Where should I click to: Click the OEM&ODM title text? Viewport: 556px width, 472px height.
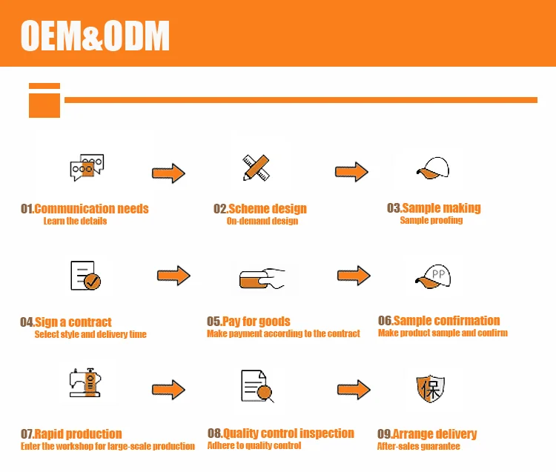(x=95, y=35)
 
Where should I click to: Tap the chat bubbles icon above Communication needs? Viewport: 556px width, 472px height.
(x=86, y=168)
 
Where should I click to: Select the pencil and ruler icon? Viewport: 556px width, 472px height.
(x=255, y=167)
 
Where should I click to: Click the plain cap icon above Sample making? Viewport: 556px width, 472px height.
(x=433, y=169)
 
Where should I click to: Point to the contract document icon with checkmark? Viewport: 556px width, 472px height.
(x=85, y=276)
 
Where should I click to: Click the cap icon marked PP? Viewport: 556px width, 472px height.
(x=434, y=276)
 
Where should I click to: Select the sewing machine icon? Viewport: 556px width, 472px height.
(x=84, y=382)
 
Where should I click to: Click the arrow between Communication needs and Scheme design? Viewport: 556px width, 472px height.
(x=168, y=173)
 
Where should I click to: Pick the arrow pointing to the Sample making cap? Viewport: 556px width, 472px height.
(x=351, y=172)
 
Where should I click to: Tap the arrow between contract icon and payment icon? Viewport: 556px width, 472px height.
(x=173, y=276)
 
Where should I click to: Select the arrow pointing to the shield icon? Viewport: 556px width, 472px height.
(x=354, y=390)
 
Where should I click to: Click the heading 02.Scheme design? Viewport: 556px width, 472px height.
(x=260, y=209)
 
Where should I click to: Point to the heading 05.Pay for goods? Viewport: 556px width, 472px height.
(x=248, y=322)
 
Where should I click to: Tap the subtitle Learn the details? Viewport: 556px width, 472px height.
(x=75, y=221)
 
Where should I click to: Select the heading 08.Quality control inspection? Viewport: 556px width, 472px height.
(x=281, y=433)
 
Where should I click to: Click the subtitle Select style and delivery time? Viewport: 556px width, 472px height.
(x=90, y=334)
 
